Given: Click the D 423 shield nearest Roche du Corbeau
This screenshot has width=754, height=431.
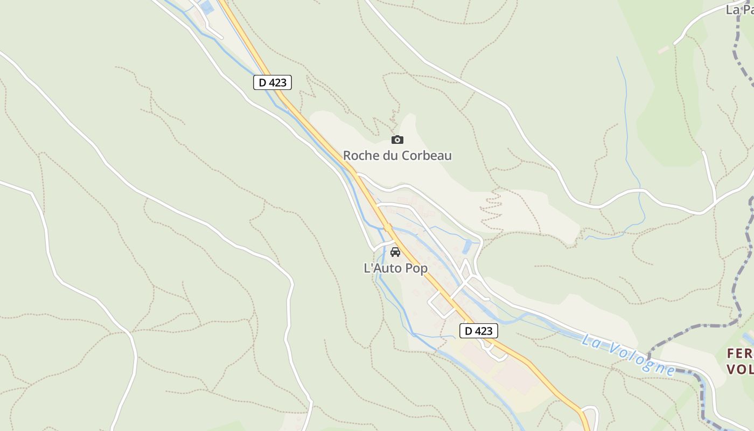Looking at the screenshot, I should [273, 82].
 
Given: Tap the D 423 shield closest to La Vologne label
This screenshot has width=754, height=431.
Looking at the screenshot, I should [478, 331].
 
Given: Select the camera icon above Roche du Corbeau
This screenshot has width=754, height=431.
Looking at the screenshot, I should [397, 140].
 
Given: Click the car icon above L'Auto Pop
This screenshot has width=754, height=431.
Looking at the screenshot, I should [395, 252].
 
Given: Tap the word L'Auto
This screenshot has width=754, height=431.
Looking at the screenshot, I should [381, 268].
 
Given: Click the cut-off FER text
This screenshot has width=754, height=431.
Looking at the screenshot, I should [739, 354].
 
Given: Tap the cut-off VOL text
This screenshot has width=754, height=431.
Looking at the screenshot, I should [739, 369].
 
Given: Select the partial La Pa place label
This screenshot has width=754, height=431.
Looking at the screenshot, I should [739, 10].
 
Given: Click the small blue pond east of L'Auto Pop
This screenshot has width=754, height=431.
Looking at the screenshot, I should [467, 247].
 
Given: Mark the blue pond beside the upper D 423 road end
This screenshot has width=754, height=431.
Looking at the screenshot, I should [207, 7].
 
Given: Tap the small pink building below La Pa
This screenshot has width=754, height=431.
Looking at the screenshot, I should [664, 50].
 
